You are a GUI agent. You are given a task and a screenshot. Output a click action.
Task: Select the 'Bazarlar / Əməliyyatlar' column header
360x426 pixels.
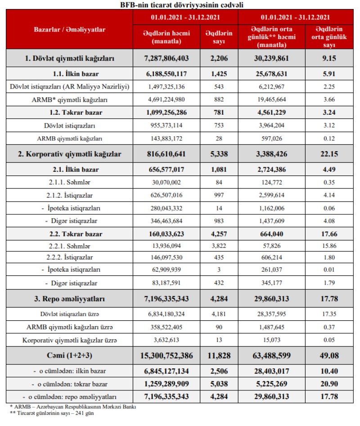pos(69,29)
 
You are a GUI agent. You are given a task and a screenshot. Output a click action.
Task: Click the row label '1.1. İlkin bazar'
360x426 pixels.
pos(69,73)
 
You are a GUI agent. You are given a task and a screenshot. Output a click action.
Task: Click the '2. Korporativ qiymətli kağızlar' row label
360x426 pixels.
pos(69,154)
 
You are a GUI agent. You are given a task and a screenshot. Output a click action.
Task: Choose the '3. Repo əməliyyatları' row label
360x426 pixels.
pos(69,299)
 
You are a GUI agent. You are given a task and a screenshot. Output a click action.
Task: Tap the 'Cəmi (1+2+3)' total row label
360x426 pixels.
pos(69,355)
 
